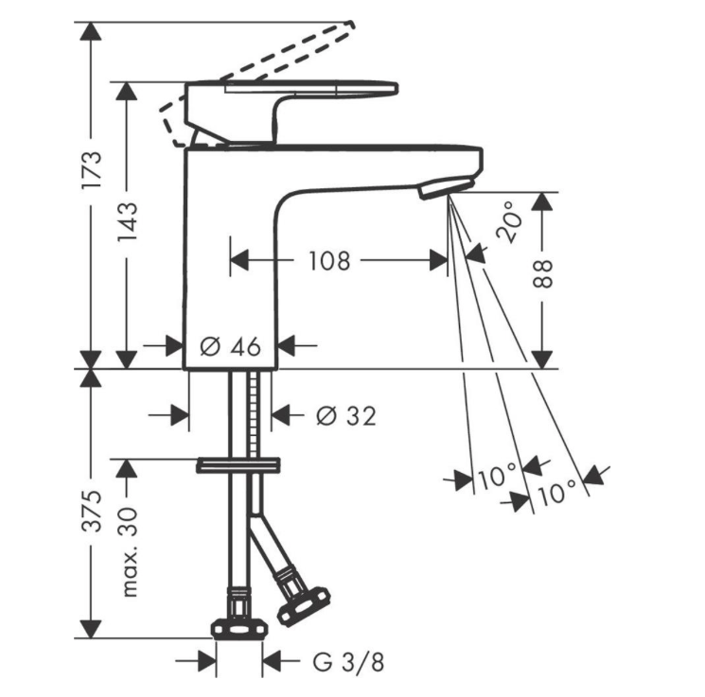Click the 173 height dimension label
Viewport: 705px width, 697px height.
click(x=92, y=171)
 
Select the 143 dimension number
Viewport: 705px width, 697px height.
click(x=127, y=223)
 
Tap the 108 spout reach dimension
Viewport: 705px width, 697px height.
click(x=329, y=261)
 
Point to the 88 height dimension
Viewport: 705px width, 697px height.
click(x=542, y=273)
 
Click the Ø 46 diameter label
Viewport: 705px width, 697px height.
click(x=230, y=346)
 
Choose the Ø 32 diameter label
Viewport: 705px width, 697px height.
click(x=346, y=416)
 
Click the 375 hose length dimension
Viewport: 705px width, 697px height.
click(x=92, y=512)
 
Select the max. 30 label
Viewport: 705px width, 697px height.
click(x=127, y=552)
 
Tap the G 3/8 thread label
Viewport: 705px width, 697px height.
click(x=348, y=662)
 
